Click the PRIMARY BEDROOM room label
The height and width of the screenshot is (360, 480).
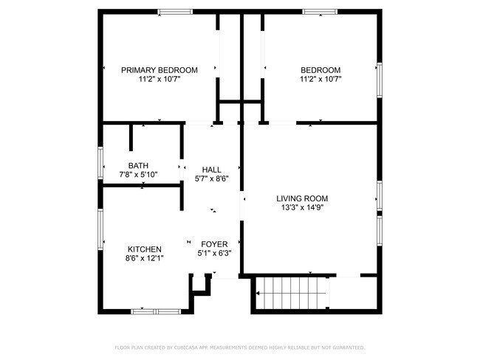[x=159, y=70]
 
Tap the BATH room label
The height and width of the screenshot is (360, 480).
[x=138, y=165]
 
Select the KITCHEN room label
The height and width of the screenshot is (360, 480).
[x=144, y=249]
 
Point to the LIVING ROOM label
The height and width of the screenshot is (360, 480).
[x=301, y=198]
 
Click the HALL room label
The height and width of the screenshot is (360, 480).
[x=211, y=170]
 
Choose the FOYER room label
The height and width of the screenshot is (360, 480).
[x=214, y=244]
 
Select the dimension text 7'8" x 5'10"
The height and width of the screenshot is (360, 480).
[x=138, y=175]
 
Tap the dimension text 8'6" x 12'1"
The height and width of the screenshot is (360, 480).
[x=144, y=259]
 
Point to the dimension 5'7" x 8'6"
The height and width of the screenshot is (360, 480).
[x=211, y=179]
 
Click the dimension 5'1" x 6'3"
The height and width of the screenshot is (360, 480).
[x=214, y=254]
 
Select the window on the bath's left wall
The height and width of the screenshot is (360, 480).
[x=100, y=163]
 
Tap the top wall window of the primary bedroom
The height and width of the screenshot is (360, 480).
[x=171, y=11]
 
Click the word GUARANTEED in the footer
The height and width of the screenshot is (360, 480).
[x=347, y=347]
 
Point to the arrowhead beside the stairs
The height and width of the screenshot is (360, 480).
[x=258, y=294]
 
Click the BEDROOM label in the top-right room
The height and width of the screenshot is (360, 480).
[x=320, y=70]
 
